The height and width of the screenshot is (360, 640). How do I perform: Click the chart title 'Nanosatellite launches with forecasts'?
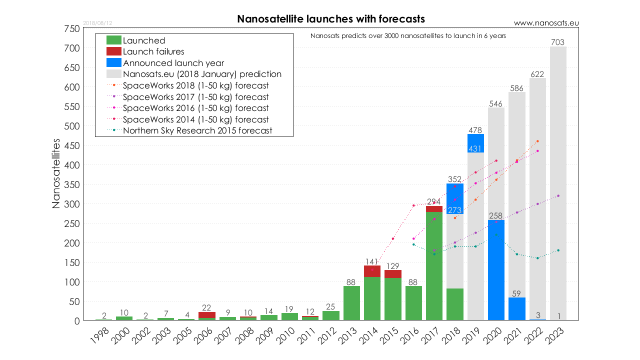coord(330,19)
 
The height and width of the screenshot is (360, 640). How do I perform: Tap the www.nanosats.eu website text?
coord(546,23)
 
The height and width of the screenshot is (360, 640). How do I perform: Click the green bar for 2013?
coord(351,303)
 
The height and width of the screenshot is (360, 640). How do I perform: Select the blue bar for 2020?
coord(496,270)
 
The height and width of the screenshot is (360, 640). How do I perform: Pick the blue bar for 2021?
coord(516,308)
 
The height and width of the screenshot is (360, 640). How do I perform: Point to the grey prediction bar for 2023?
coord(558,180)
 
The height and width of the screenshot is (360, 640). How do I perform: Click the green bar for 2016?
coord(413,303)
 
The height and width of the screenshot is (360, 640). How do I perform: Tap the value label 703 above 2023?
coord(558,43)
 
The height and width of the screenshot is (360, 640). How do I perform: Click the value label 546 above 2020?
coord(496,104)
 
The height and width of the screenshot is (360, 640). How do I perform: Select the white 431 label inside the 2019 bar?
coord(475,148)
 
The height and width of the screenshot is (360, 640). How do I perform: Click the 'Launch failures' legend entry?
coord(153,51)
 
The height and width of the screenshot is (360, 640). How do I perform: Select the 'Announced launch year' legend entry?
coord(173,63)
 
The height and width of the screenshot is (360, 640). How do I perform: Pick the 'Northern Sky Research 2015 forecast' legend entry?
coord(197,130)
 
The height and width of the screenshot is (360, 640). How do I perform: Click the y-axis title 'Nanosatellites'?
coord(56,173)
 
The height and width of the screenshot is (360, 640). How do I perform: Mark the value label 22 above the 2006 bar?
coord(207,307)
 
